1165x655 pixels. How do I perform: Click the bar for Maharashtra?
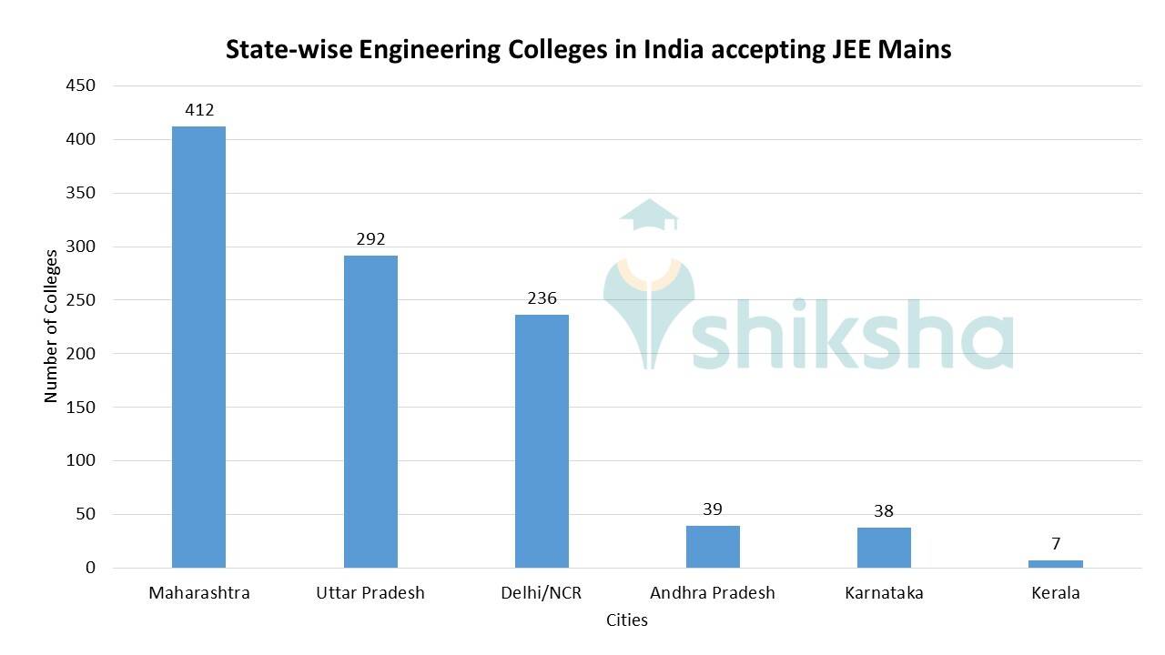click(x=198, y=347)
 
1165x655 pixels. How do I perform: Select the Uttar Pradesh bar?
click(x=370, y=411)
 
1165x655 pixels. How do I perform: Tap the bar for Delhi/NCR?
click(x=542, y=441)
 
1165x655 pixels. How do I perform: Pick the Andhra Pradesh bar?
click(x=713, y=547)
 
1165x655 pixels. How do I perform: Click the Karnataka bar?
click(x=884, y=548)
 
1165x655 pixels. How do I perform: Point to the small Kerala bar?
click(x=1056, y=564)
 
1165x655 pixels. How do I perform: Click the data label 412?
click(x=198, y=110)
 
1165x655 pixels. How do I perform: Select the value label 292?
click(x=370, y=239)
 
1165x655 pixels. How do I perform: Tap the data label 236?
click(x=542, y=298)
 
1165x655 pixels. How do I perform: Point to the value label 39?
click(x=713, y=509)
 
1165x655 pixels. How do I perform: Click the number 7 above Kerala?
click(x=1056, y=544)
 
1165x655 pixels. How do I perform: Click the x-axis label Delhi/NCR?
click(x=542, y=593)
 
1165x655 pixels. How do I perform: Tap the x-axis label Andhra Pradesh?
click(x=713, y=593)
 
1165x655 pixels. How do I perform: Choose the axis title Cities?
click(x=627, y=620)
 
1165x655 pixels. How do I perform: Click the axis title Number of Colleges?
click(x=51, y=326)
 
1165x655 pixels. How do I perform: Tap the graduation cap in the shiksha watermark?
click(x=649, y=215)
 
